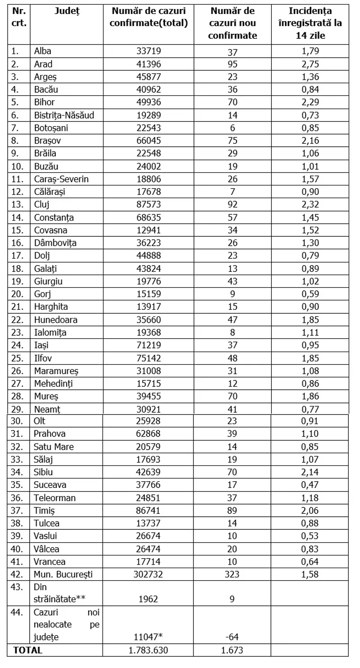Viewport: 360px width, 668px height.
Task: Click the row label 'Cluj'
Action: [x=41, y=205]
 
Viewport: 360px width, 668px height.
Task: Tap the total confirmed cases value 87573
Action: [x=148, y=205]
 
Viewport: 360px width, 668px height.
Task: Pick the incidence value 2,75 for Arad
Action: [x=310, y=64]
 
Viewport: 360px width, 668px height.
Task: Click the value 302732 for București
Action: [x=148, y=574]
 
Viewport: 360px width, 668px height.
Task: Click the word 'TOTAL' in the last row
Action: [x=28, y=650]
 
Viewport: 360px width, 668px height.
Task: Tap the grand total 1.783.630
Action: [x=148, y=650]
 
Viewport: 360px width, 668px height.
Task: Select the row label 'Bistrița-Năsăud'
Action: [x=64, y=115]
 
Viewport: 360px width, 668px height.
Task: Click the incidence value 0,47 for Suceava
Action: [x=310, y=485]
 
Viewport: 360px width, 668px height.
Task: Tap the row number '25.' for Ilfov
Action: [x=18, y=358]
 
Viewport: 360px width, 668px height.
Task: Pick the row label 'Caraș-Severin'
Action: [x=61, y=179]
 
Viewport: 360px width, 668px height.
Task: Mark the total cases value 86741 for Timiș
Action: [x=148, y=510]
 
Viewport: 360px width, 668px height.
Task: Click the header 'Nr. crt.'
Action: [x=19, y=17]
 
